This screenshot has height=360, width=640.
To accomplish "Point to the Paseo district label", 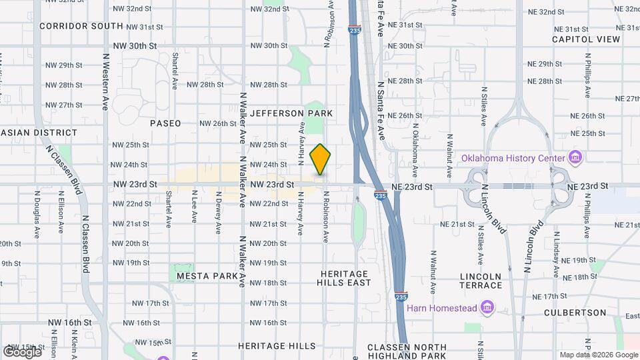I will pyautogui.click(x=165, y=123).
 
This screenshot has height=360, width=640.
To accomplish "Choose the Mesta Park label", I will pyautogui.click(x=207, y=275).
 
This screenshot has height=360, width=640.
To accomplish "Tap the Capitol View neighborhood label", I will pyautogui.click(x=586, y=39).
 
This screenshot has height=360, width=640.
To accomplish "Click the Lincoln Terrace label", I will pyautogui.click(x=481, y=281).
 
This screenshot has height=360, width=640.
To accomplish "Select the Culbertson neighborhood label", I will pyautogui.click(x=575, y=312).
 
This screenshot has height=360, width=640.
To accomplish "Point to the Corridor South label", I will pyautogui.click(x=81, y=26).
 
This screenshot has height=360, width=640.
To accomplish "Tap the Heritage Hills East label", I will pyautogui.click(x=344, y=279).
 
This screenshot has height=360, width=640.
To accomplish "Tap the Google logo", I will pyautogui.click(x=22, y=351).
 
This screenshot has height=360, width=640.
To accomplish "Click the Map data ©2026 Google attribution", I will pyautogui.click(x=597, y=355).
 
